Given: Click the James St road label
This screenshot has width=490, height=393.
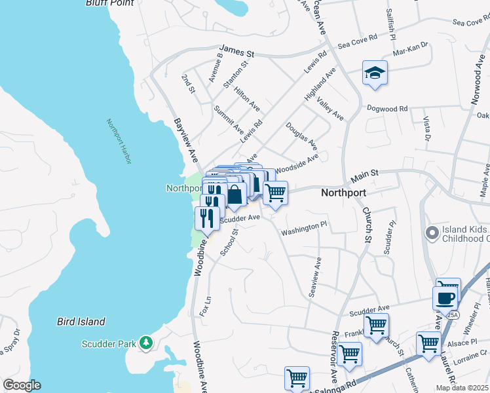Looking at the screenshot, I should coord(236,49).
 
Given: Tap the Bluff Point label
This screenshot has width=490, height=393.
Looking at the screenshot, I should coord(109,3).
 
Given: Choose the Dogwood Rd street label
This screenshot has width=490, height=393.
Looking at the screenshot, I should coord(387,108).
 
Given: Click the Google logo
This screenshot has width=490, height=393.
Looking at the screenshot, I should coord(21,385).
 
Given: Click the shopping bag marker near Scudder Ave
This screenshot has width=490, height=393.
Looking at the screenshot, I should coord(236,195).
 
